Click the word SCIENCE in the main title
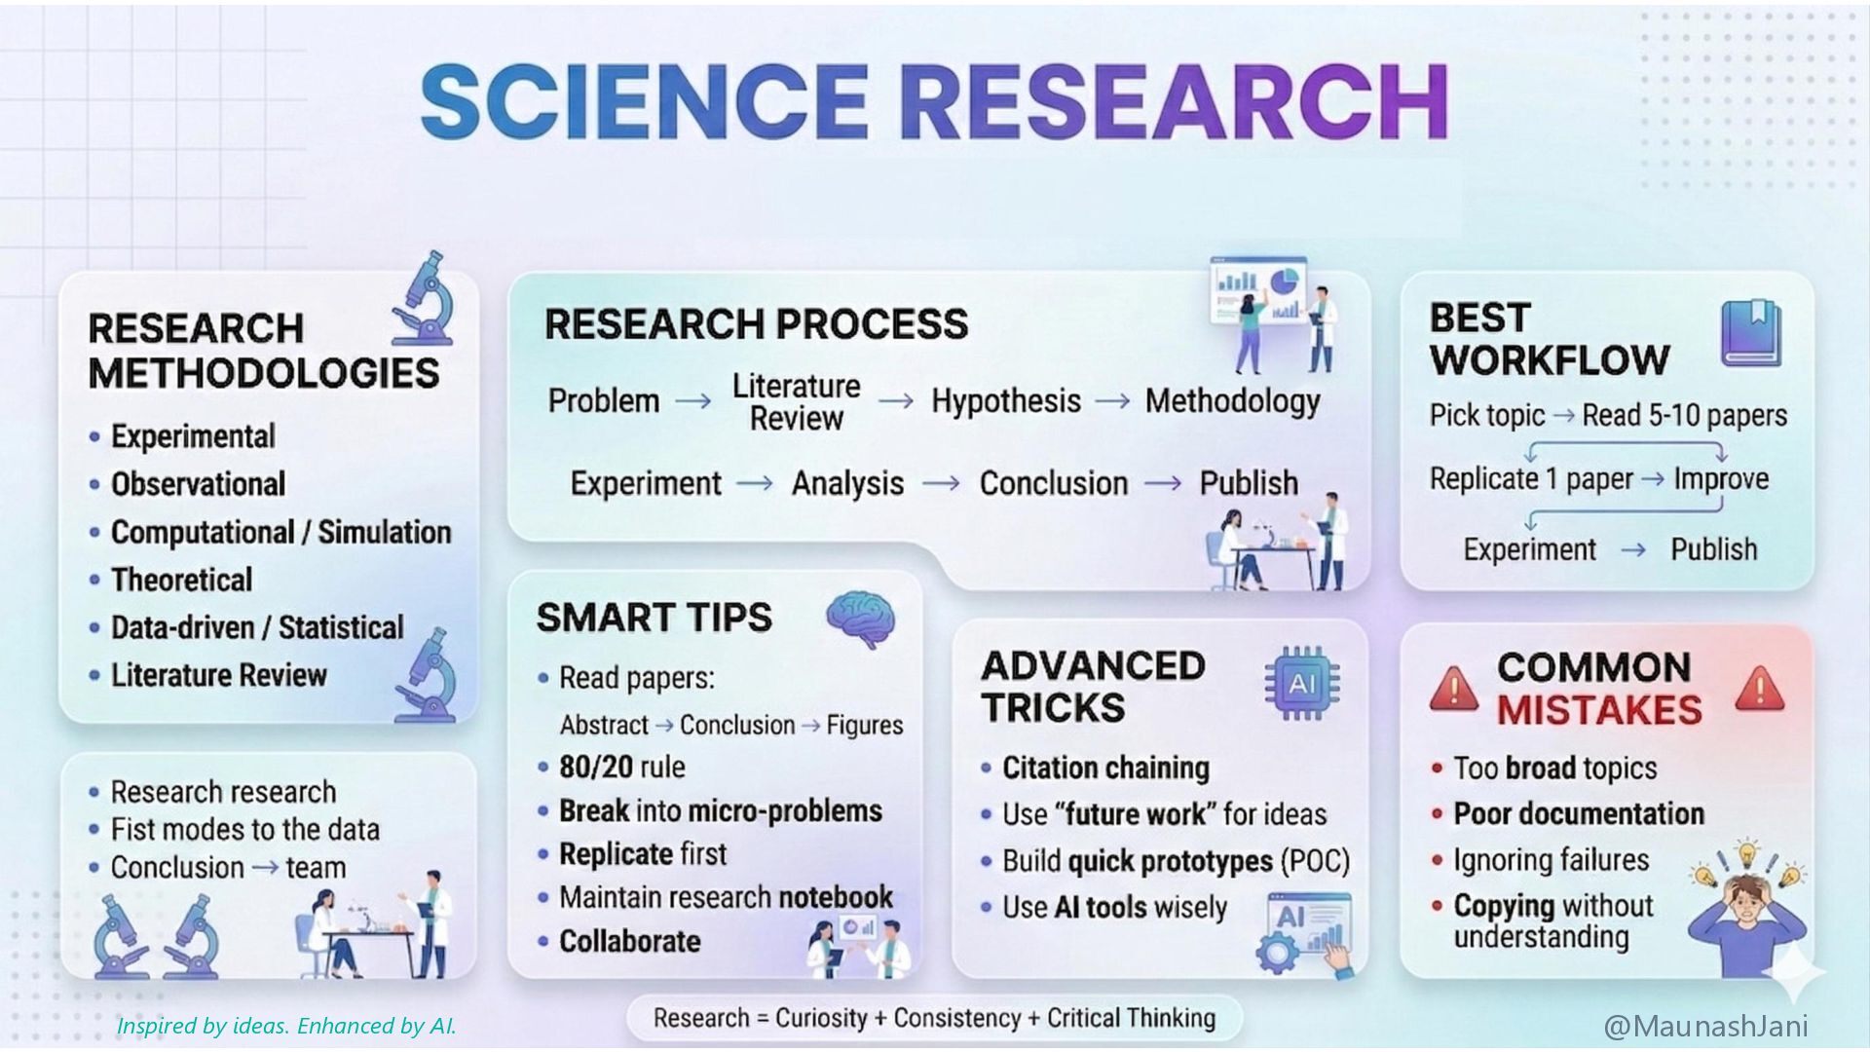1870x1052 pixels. click(x=644, y=101)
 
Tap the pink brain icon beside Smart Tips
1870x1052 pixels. click(x=860, y=619)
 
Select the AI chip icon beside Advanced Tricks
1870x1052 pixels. click(x=1301, y=684)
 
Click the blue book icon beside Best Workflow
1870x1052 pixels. click(x=1750, y=332)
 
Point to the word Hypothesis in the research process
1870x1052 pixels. click(x=1006, y=400)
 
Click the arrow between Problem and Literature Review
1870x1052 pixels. click(x=693, y=401)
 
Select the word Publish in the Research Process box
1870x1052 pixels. click(x=1249, y=483)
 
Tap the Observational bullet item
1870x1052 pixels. click(x=198, y=484)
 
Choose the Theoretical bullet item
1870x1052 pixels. click(x=181, y=580)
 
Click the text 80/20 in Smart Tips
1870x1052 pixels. click(x=596, y=767)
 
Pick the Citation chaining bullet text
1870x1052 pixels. click(x=1105, y=768)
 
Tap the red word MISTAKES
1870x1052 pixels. click(x=1599, y=710)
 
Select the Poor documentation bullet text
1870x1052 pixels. click(x=1579, y=813)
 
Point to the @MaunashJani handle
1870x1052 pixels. click(x=1705, y=1026)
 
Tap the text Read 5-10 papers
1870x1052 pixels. click(x=1684, y=416)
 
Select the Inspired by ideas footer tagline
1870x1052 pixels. click(x=286, y=1026)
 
